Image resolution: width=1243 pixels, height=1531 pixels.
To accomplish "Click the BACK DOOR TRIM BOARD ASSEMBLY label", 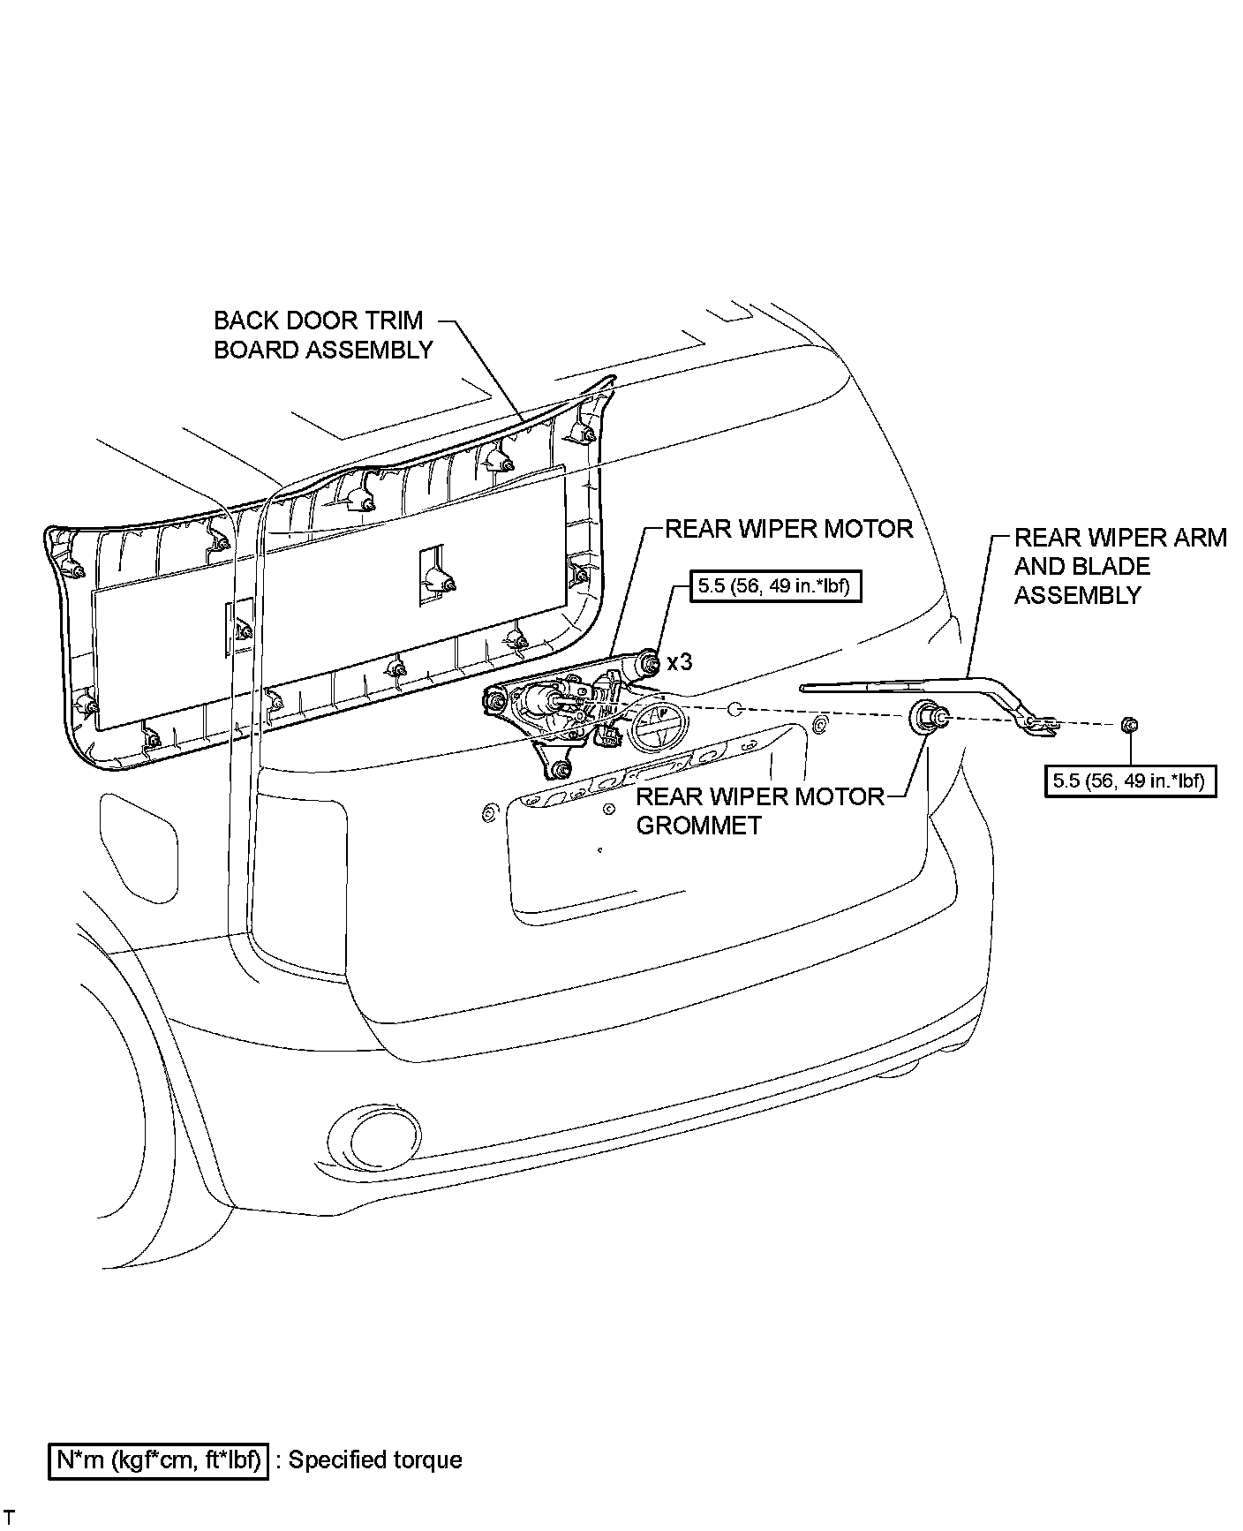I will pos(323,335).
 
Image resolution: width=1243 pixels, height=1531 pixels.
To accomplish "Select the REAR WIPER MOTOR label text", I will pos(788,529).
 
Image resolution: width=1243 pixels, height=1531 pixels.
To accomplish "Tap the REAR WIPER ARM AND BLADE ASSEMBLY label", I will pos(1119,566).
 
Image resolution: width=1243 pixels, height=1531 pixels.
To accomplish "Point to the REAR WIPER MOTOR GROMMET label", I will pos(760,811).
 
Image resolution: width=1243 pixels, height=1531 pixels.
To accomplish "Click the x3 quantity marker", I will pos(680,662).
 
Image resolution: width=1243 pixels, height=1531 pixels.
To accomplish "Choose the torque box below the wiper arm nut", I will pos(1129,781).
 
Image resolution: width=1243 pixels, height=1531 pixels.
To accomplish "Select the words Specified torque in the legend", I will pos(375,1460).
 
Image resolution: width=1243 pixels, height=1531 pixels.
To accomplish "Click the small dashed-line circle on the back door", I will pos(735,709).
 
